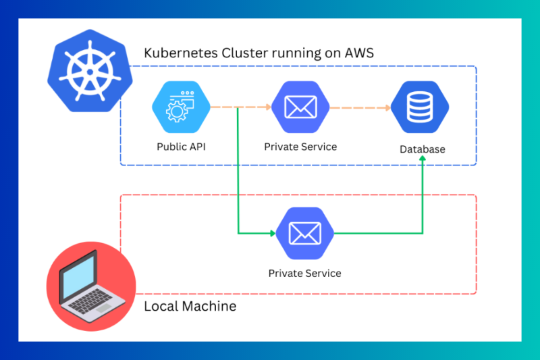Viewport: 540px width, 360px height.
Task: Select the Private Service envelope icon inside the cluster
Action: pyautogui.click(x=300, y=107)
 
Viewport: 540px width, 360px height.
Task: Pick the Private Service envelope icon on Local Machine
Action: pyautogui.click(x=304, y=233)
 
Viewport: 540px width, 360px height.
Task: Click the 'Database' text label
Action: pyautogui.click(x=422, y=149)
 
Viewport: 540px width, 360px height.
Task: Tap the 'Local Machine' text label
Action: pyautogui.click(x=190, y=306)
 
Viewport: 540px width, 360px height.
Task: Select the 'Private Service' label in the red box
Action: pyautogui.click(x=304, y=273)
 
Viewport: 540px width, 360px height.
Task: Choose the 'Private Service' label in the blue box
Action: pyautogui.click(x=300, y=146)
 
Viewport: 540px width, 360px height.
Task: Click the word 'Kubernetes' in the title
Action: pyautogui.click(x=181, y=54)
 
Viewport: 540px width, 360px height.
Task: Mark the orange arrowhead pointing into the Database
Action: pyautogui.click(x=389, y=107)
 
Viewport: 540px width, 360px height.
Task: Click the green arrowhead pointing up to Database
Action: pyautogui.click(x=423, y=159)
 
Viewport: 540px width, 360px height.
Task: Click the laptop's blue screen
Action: pyautogui.click(x=79, y=276)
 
